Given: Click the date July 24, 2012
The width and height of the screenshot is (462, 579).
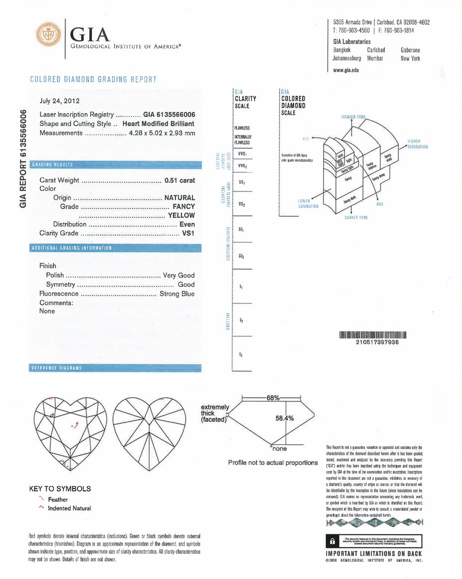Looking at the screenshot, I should pos(59,101).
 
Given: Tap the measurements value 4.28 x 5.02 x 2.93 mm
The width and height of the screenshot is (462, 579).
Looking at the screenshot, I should pos(162,133).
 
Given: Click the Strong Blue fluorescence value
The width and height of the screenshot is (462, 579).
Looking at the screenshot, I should pos(177,294).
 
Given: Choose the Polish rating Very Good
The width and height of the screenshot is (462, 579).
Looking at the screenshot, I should pos(179,275).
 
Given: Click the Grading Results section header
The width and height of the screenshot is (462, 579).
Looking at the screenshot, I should pos(52,164).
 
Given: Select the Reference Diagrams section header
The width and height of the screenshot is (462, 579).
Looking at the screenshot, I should pos(56,368).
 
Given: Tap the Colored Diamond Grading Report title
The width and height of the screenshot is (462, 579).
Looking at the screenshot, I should pos(93,79).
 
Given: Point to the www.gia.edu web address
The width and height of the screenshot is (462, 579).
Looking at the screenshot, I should pos(346,70).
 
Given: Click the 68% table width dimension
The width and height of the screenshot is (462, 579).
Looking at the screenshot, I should pos(272,397).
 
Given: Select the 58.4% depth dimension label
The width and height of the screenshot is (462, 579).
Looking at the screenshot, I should pos(285,418).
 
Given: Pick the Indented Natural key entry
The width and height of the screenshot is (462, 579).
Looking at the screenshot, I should pos(69,508).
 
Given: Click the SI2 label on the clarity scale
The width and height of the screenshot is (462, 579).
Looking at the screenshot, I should pos(241,256).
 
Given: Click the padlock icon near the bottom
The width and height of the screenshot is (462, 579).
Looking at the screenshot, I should pos(332,542).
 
